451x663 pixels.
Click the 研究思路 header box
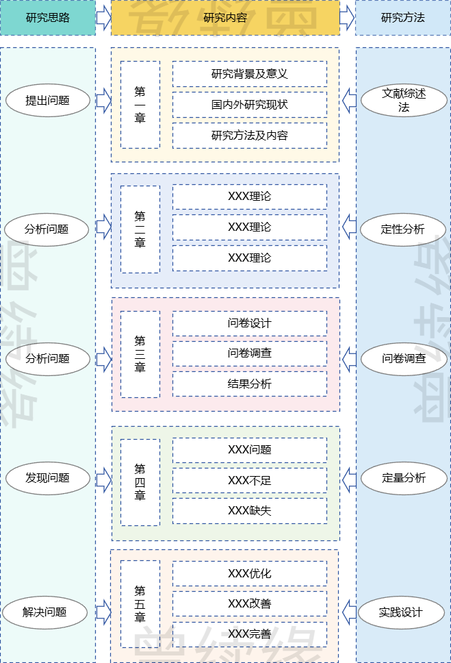point(48,18)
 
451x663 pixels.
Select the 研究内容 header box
point(225,18)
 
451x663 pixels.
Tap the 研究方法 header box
point(402,18)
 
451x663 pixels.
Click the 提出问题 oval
point(48,101)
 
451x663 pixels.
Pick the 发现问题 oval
point(48,477)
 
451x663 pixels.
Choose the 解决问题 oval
point(45,612)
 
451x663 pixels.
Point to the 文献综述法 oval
point(403,101)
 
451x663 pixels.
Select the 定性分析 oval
point(402,229)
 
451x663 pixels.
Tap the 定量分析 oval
point(403,477)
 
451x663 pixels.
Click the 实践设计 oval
point(401,612)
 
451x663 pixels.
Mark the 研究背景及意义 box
point(249,74)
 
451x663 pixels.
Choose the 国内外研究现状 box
point(249,105)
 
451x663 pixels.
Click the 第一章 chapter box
point(140,105)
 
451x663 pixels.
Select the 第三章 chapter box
point(140,354)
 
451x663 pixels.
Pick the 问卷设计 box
point(249,323)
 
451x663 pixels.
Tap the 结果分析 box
point(249,384)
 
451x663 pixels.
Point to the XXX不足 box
point(249,481)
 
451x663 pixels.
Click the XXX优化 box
point(249,573)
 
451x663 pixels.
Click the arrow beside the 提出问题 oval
point(103,101)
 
